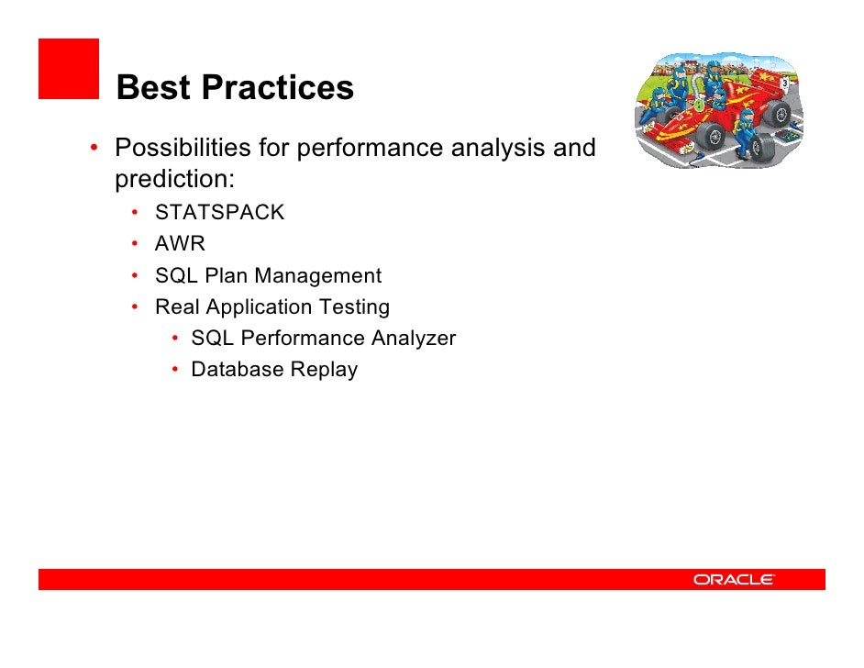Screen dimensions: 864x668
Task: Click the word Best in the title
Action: pyautogui.click(x=153, y=87)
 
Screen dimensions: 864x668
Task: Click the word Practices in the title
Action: pyautogui.click(x=278, y=87)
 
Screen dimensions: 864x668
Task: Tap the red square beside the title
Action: pyautogui.click(x=69, y=69)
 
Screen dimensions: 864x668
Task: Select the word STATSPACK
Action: pyautogui.click(x=219, y=212)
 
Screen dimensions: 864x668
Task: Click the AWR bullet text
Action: pyautogui.click(x=180, y=243)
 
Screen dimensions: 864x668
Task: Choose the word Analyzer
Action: pyautogui.click(x=414, y=338)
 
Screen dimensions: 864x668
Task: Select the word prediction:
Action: pyautogui.click(x=174, y=179)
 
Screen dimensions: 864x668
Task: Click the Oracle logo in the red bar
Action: pyautogui.click(x=734, y=579)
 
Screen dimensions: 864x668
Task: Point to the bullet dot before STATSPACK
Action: pyautogui.click(x=135, y=212)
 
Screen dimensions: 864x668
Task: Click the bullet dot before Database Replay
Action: pyautogui.click(x=174, y=369)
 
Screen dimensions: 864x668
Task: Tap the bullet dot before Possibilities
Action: pyautogui.click(x=94, y=148)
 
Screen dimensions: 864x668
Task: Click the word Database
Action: pyautogui.click(x=238, y=369)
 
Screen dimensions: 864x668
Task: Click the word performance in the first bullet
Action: pyautogui.click(x=370, y=148)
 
